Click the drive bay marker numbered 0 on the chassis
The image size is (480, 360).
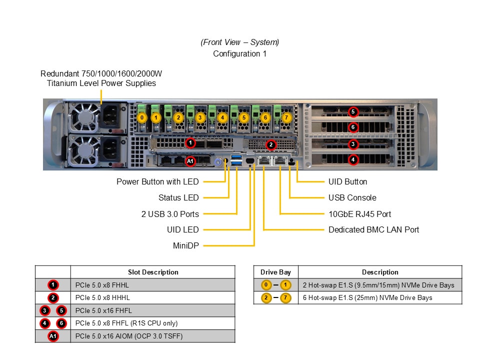tap(142, 118)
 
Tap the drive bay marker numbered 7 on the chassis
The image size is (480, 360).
tap(286, 118)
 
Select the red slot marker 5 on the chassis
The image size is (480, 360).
tap(353, 111)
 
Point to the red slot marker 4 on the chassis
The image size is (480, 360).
tap(353, 160)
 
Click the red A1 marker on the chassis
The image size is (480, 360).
tap(190, 161)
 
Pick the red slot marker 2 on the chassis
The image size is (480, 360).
tap(271, 144)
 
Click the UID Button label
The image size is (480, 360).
tap(347, 182)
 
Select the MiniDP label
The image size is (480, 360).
tap(185, 245)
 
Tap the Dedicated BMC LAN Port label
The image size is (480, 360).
tap(373, 230)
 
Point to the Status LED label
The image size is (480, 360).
tap(178, 198)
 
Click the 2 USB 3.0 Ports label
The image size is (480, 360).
tap(170, 214)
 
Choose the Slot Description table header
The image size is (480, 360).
tap(153, 272)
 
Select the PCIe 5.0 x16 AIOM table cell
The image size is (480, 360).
tap(128, 336)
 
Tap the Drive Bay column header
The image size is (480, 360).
tap(275, 272)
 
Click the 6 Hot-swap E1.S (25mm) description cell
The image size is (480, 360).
tap(367, 298)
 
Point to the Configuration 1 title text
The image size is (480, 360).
tap(240, 54)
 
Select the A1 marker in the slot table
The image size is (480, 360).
tap(53, 336)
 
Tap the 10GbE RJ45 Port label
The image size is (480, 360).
tap(359, 214)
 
